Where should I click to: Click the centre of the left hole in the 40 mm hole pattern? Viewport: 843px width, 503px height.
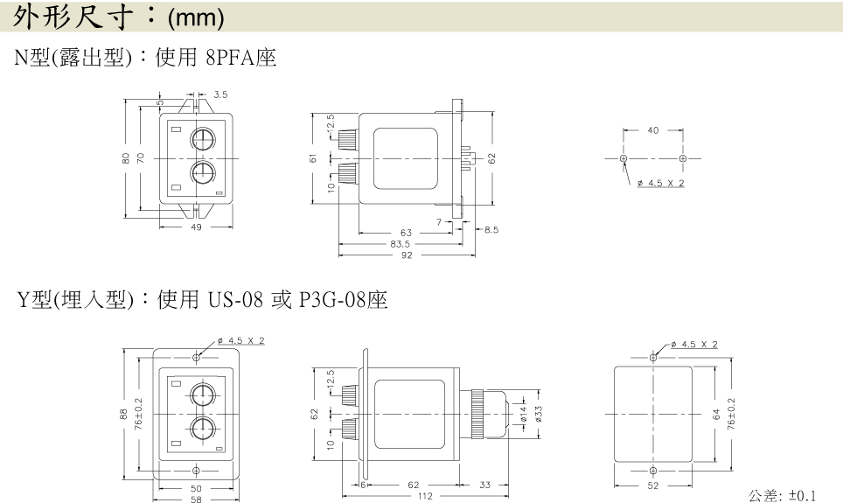[624, 158]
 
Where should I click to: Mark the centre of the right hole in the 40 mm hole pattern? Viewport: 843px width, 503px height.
[683, 158]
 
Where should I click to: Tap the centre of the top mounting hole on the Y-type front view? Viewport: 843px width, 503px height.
[196, 357]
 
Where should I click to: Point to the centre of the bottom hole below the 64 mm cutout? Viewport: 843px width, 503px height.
[653, 471]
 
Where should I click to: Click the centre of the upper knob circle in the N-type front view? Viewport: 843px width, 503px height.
[203, 139]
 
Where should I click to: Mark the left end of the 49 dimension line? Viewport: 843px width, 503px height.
[160, 227]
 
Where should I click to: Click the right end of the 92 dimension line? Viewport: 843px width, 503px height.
[475, 255]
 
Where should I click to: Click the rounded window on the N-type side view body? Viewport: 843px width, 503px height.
[406, 158]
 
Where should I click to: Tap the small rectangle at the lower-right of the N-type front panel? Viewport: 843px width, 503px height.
[219, 192]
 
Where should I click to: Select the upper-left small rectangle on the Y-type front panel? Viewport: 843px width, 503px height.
[176, 383]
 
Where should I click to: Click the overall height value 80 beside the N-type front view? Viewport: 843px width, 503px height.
[126, 158]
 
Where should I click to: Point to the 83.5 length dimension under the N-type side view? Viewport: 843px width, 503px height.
[400, 244]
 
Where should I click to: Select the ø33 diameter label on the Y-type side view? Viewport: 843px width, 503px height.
[539, 414]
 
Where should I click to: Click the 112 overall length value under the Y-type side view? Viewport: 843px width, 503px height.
[425, 496]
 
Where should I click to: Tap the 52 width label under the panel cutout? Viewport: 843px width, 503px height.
[652, 486]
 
